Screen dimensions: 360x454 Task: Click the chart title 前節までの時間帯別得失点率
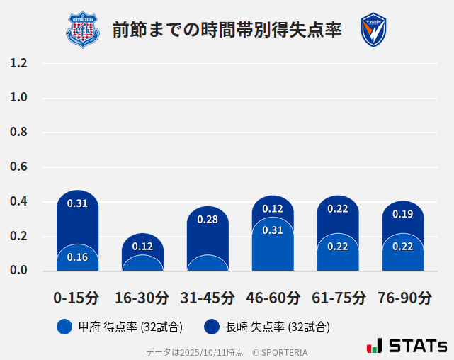coord(227,29)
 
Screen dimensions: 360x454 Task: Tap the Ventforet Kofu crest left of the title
coord(83,29)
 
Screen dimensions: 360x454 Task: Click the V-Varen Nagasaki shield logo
coord(373,30)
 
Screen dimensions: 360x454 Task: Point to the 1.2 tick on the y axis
coord(19,63)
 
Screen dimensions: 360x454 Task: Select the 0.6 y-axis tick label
coord(19,167)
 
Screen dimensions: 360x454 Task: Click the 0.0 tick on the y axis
coord(19,271)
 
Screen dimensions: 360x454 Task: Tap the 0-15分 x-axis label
coord(76,298)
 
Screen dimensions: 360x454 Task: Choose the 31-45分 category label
coord(208,298)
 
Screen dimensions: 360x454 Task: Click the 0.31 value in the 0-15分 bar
coord(77,203)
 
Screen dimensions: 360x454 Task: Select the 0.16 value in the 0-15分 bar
coord(77,257)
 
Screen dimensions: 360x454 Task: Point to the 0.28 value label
coord(208,220)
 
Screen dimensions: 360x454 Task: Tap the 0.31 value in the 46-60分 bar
coord(273,230)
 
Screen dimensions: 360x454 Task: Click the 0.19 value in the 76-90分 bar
coord(403,214)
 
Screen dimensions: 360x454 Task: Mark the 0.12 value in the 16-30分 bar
coord(142,247)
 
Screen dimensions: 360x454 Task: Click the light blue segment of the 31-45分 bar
coord(208,264)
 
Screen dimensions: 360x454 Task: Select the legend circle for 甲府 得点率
coord(64,327)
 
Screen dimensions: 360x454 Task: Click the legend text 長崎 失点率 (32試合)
coord(278,327)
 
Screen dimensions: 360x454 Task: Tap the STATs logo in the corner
coord(407,346)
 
